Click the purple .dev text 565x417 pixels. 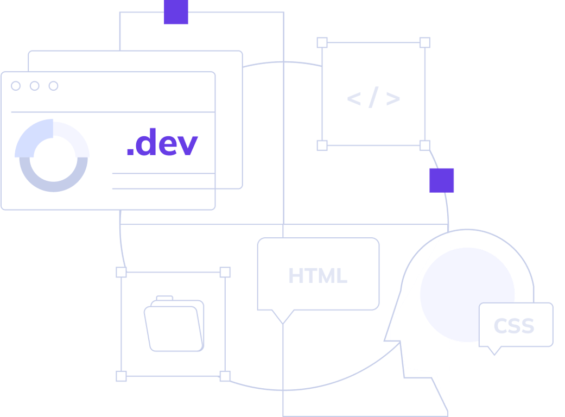(x=162, y=143)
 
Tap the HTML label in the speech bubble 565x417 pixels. (x=318, y=276)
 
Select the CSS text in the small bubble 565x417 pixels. (x=513, y=326)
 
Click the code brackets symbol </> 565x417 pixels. (x=373, y=99)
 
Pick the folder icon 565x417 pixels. (x=174, y=324)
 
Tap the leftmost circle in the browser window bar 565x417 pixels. (x=16, y=86)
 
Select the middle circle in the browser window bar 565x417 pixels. (x=34, y=86)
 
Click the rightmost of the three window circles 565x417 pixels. (x=53, y=86)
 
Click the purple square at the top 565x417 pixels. (x=176, y=12)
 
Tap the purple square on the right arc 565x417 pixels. (x=442, y=180)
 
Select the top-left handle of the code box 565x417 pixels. (x=322, y=42)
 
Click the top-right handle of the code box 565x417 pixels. (x=425, y=42)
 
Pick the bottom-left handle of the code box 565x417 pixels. (x=322, y=145)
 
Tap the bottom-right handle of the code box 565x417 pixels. (x=425, y=145)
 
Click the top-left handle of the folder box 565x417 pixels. (x=121, y=272)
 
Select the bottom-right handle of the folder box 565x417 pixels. (x=225, y=376)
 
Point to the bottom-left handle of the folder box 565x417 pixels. (x=121, y=376)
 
